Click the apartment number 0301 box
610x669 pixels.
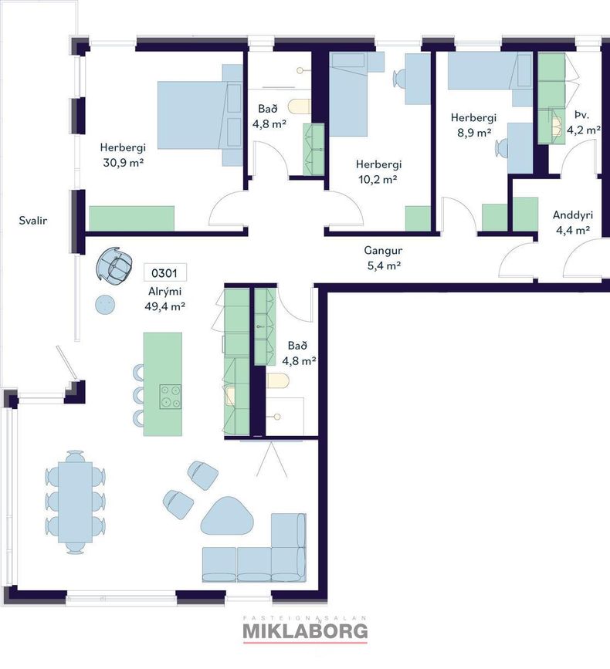coord(164,272)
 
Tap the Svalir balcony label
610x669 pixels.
coord(33,221)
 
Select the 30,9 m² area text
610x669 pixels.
coord(123,163)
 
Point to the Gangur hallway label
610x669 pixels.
coord(383,251)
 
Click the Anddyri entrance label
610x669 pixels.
coord(573,215)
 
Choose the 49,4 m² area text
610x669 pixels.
coord(164,306)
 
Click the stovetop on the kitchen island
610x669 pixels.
coord(171,397)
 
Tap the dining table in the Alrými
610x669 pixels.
coord(75,502)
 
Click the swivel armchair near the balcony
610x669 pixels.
coord(114,265)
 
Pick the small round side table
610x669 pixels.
coord(105,305)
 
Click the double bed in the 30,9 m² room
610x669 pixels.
coord(200,115)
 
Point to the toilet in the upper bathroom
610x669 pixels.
coord(300,106)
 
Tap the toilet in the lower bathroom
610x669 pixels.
coord(278,380)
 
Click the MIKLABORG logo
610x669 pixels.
coord(305,631)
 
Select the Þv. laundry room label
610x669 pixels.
coord(581,115)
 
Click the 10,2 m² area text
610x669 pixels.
coord(378,180)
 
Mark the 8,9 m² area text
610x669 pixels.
coord(474,133)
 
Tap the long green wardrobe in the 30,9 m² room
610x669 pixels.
coord(131,218)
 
